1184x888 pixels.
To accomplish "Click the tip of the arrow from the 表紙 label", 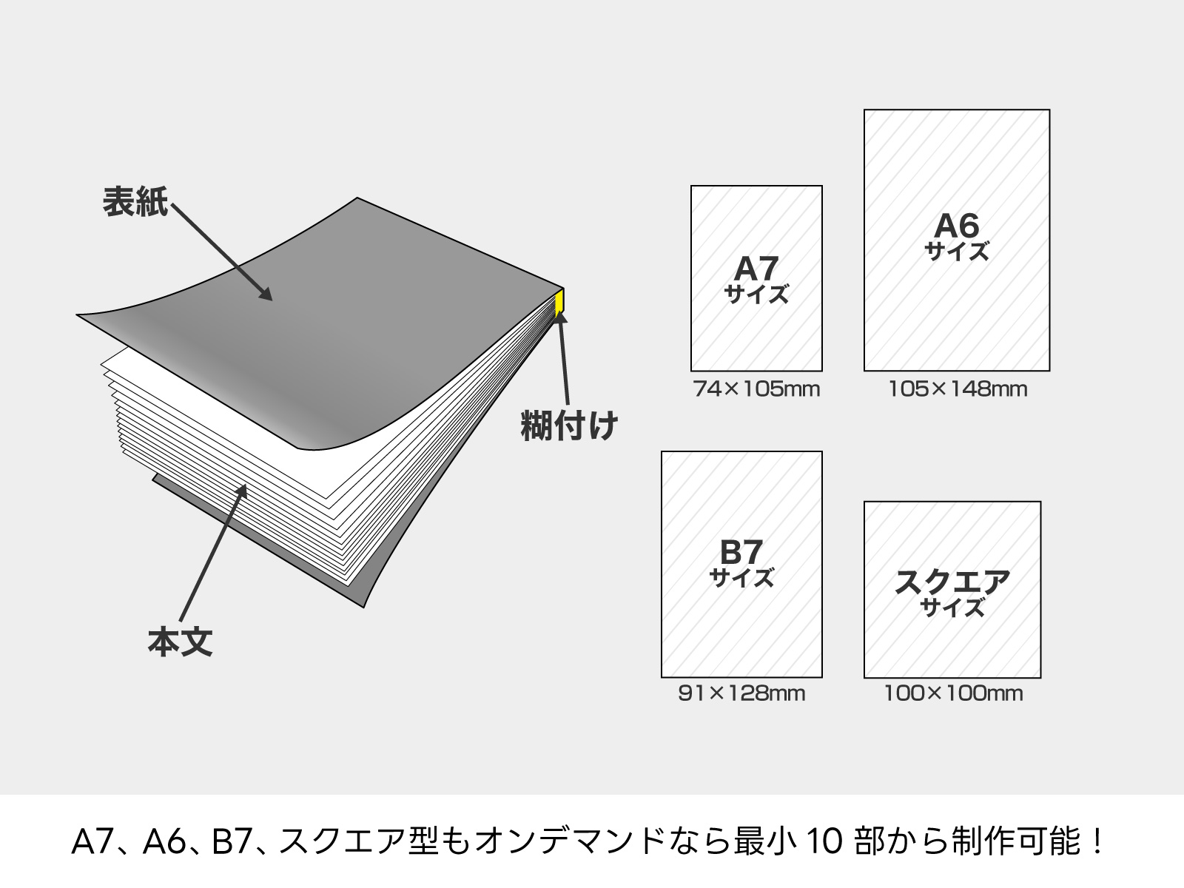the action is click(272, 300).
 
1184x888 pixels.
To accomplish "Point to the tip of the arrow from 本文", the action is click(246, 484).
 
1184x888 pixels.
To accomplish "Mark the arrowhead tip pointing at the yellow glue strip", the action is click(559, 312).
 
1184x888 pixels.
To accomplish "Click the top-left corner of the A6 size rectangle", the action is click(864, 110).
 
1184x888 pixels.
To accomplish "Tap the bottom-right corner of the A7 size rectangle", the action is click(822, 371).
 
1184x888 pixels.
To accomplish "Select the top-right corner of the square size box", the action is click(1041, 502).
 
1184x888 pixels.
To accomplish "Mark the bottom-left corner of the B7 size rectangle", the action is click(662, 677).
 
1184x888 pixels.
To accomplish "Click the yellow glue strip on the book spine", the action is click(560, 302).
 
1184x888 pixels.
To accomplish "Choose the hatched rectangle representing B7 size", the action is click(741, 565).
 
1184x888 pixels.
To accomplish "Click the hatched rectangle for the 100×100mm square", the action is click(952, 590).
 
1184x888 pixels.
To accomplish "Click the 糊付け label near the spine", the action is click(569, 426).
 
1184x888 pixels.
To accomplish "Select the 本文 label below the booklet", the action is click(180, 642).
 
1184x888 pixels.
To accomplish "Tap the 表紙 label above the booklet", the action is click(135, 202).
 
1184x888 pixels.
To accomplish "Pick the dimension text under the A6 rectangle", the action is click(958, 389).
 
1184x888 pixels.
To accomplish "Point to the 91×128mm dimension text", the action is click(741, 693).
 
